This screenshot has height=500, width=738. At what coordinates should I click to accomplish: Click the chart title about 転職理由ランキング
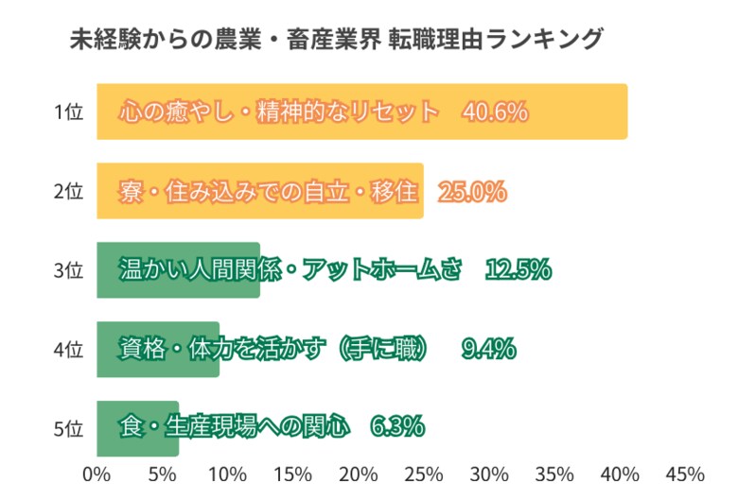coord(338,40)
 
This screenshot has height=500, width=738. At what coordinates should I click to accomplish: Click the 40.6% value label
coord(494,112)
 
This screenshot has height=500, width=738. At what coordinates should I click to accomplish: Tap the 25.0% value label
coord(473,191)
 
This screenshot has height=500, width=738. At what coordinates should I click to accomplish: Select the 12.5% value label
coord(517,270)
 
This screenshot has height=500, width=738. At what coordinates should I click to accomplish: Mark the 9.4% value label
coord(488,349)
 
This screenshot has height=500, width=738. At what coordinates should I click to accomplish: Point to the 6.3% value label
coord(397,427)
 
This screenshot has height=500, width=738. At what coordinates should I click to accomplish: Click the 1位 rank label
coord(68,112)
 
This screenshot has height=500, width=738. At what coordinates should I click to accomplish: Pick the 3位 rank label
coord(68,270)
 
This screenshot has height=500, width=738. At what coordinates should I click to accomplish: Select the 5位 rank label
coord(68,427)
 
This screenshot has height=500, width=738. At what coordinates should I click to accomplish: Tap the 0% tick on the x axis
coord(97,474)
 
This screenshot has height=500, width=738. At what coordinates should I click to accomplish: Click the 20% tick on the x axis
coord(359,474)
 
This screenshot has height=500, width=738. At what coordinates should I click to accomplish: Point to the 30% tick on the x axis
coord(489,474)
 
